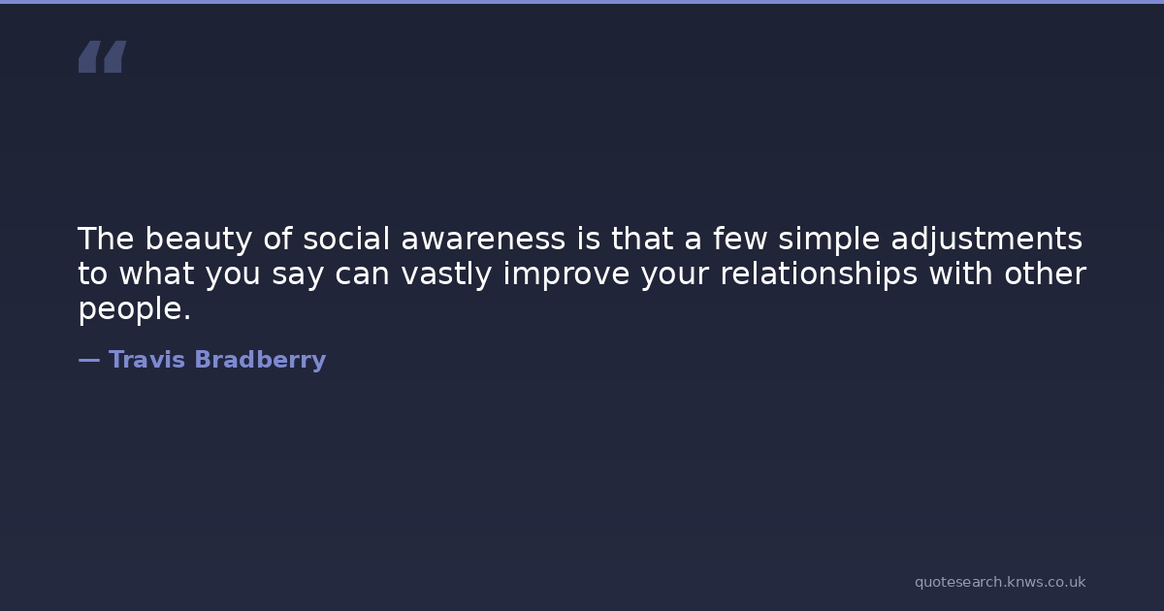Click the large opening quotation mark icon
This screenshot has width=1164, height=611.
(103, 56)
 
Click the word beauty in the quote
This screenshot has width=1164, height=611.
(199, 241)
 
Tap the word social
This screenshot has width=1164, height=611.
(346, 239)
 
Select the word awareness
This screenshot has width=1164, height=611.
(483, 241)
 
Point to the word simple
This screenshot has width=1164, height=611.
(829, 241)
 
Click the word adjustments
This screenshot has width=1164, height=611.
(986, 241)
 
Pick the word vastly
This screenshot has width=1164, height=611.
(446, 274)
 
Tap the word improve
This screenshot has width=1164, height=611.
(566, 274)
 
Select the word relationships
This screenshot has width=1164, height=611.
(819, 274)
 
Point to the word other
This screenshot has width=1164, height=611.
(1045, 273)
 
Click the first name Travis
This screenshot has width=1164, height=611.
(146, 360)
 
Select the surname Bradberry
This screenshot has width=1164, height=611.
(260, 360)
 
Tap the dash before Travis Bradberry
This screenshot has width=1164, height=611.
(89, 360)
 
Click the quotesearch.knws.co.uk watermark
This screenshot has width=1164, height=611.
(1000, 582)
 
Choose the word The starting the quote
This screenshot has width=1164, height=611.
(106, 239)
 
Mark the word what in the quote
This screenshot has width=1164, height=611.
(157, 273)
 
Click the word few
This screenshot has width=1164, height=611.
(740, 239)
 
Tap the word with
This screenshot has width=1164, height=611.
(961, 273)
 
